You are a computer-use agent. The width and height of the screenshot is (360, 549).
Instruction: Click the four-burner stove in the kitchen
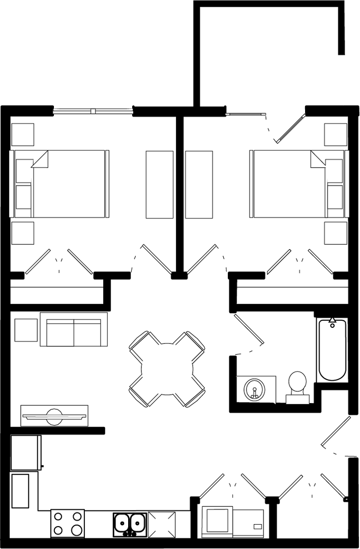point(68,523)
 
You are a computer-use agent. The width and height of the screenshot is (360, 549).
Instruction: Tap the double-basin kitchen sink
point(130,523)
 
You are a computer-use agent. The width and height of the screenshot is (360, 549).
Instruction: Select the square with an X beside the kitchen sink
point(162,523)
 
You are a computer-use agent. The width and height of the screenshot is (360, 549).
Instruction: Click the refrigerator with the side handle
point(25,452)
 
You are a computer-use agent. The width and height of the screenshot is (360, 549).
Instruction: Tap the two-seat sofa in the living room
point(74,332)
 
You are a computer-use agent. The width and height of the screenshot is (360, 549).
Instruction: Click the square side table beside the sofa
point(26,330)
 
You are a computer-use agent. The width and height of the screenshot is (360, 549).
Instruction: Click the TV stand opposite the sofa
point(54,415)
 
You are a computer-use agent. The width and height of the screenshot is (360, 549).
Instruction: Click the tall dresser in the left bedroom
point(160,185)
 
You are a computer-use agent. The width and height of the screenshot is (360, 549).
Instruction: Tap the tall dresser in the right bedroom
point(199,185)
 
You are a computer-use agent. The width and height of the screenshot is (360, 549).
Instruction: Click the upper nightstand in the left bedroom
point(23,135)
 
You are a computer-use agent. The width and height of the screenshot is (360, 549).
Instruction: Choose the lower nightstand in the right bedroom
point(336,233)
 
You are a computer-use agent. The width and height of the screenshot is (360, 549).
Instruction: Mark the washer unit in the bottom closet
point(217,520)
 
